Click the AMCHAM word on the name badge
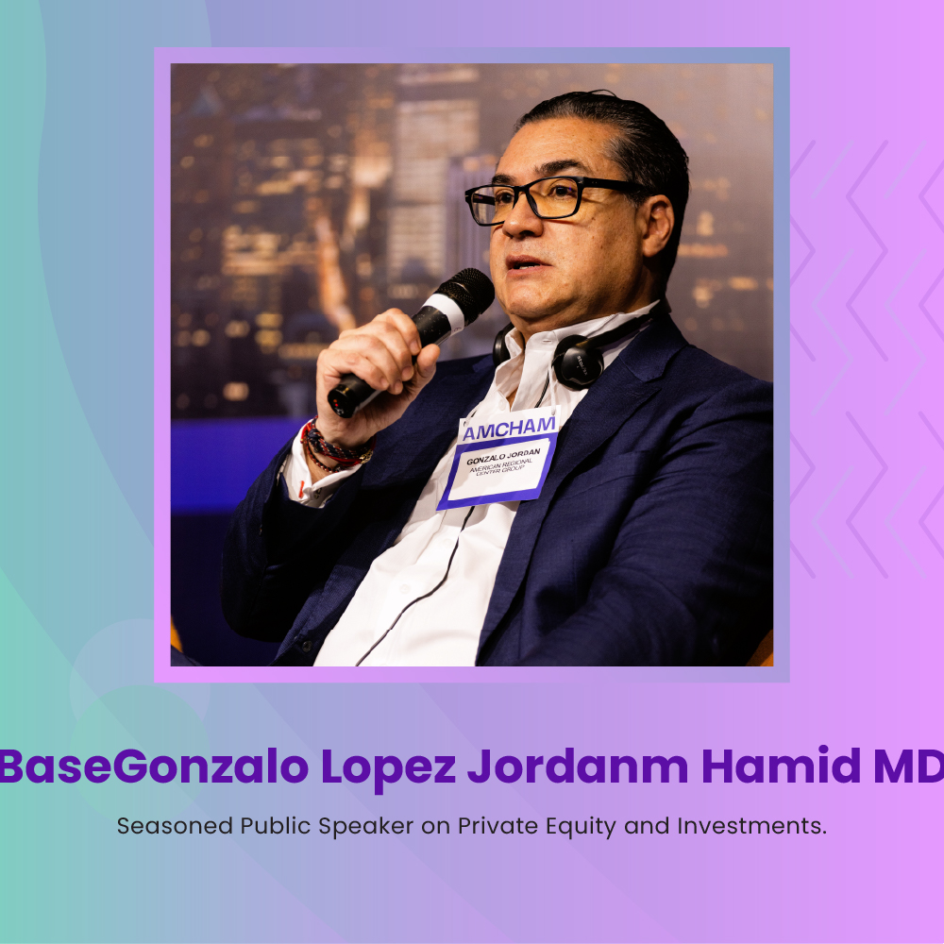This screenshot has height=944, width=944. [x=509, y=429]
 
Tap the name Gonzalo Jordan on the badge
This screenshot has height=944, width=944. [x=503, y=456]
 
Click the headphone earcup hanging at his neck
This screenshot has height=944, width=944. [x=578, y=362]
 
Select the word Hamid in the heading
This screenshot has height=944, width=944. [x=781, y=766]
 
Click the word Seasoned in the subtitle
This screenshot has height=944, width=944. [x=175, y=826]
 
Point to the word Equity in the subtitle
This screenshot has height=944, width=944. [x=581, y=827]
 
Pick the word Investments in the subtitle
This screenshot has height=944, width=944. [x=752, y=826]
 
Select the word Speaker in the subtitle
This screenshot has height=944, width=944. [x=365, y=827]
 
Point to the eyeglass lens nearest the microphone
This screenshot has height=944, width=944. [x=482, y=206]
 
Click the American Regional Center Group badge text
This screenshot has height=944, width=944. [x=501, y=466]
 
